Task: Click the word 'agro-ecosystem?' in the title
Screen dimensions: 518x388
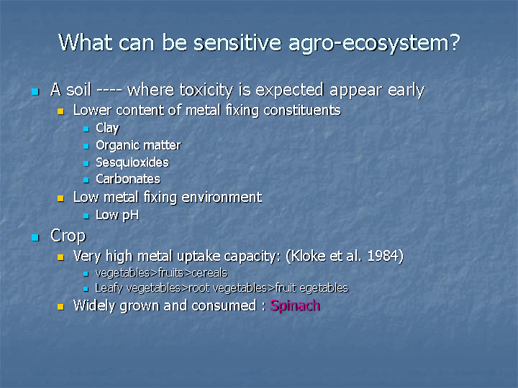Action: pos(374,44)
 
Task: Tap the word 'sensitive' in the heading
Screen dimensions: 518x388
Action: pos(237,42)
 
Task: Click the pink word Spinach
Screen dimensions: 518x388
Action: pos(295,306)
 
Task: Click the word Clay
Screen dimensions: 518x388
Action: pos(107,129)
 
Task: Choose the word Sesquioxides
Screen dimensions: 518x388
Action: pos(132,162)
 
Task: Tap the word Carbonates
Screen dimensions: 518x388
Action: pos(128,179)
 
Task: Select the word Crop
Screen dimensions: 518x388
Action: pos(68,236)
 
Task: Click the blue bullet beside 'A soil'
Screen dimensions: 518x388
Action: pos(35,91)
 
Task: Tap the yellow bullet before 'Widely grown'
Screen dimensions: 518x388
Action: pos(60,307)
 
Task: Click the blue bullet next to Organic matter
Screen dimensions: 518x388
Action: pos(86,146)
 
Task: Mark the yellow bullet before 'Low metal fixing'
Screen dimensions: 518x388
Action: pos(60,198)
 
